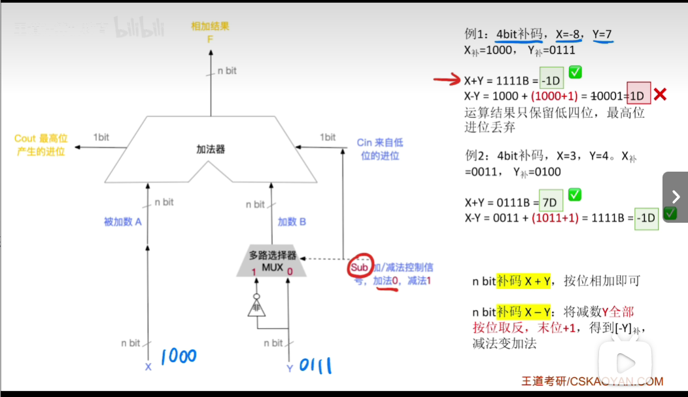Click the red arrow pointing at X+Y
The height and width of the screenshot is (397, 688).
point(447,81)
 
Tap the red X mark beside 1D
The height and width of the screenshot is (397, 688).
point(660,95)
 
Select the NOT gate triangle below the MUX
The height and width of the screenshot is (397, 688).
point(256,307)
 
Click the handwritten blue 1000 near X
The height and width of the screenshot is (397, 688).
point(178,356)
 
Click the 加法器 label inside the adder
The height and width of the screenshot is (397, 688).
point(211,149)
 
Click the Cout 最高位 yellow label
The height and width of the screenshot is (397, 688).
point(41,145)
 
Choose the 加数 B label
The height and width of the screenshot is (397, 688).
point(292,221)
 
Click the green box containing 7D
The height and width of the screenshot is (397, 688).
point(549,202)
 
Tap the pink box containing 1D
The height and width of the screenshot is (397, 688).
point(638,96)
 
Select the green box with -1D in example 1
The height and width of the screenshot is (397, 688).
point(551,81)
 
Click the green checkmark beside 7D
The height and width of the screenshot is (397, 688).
point(575,195)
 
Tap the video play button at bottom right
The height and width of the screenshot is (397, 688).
point(625,363)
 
